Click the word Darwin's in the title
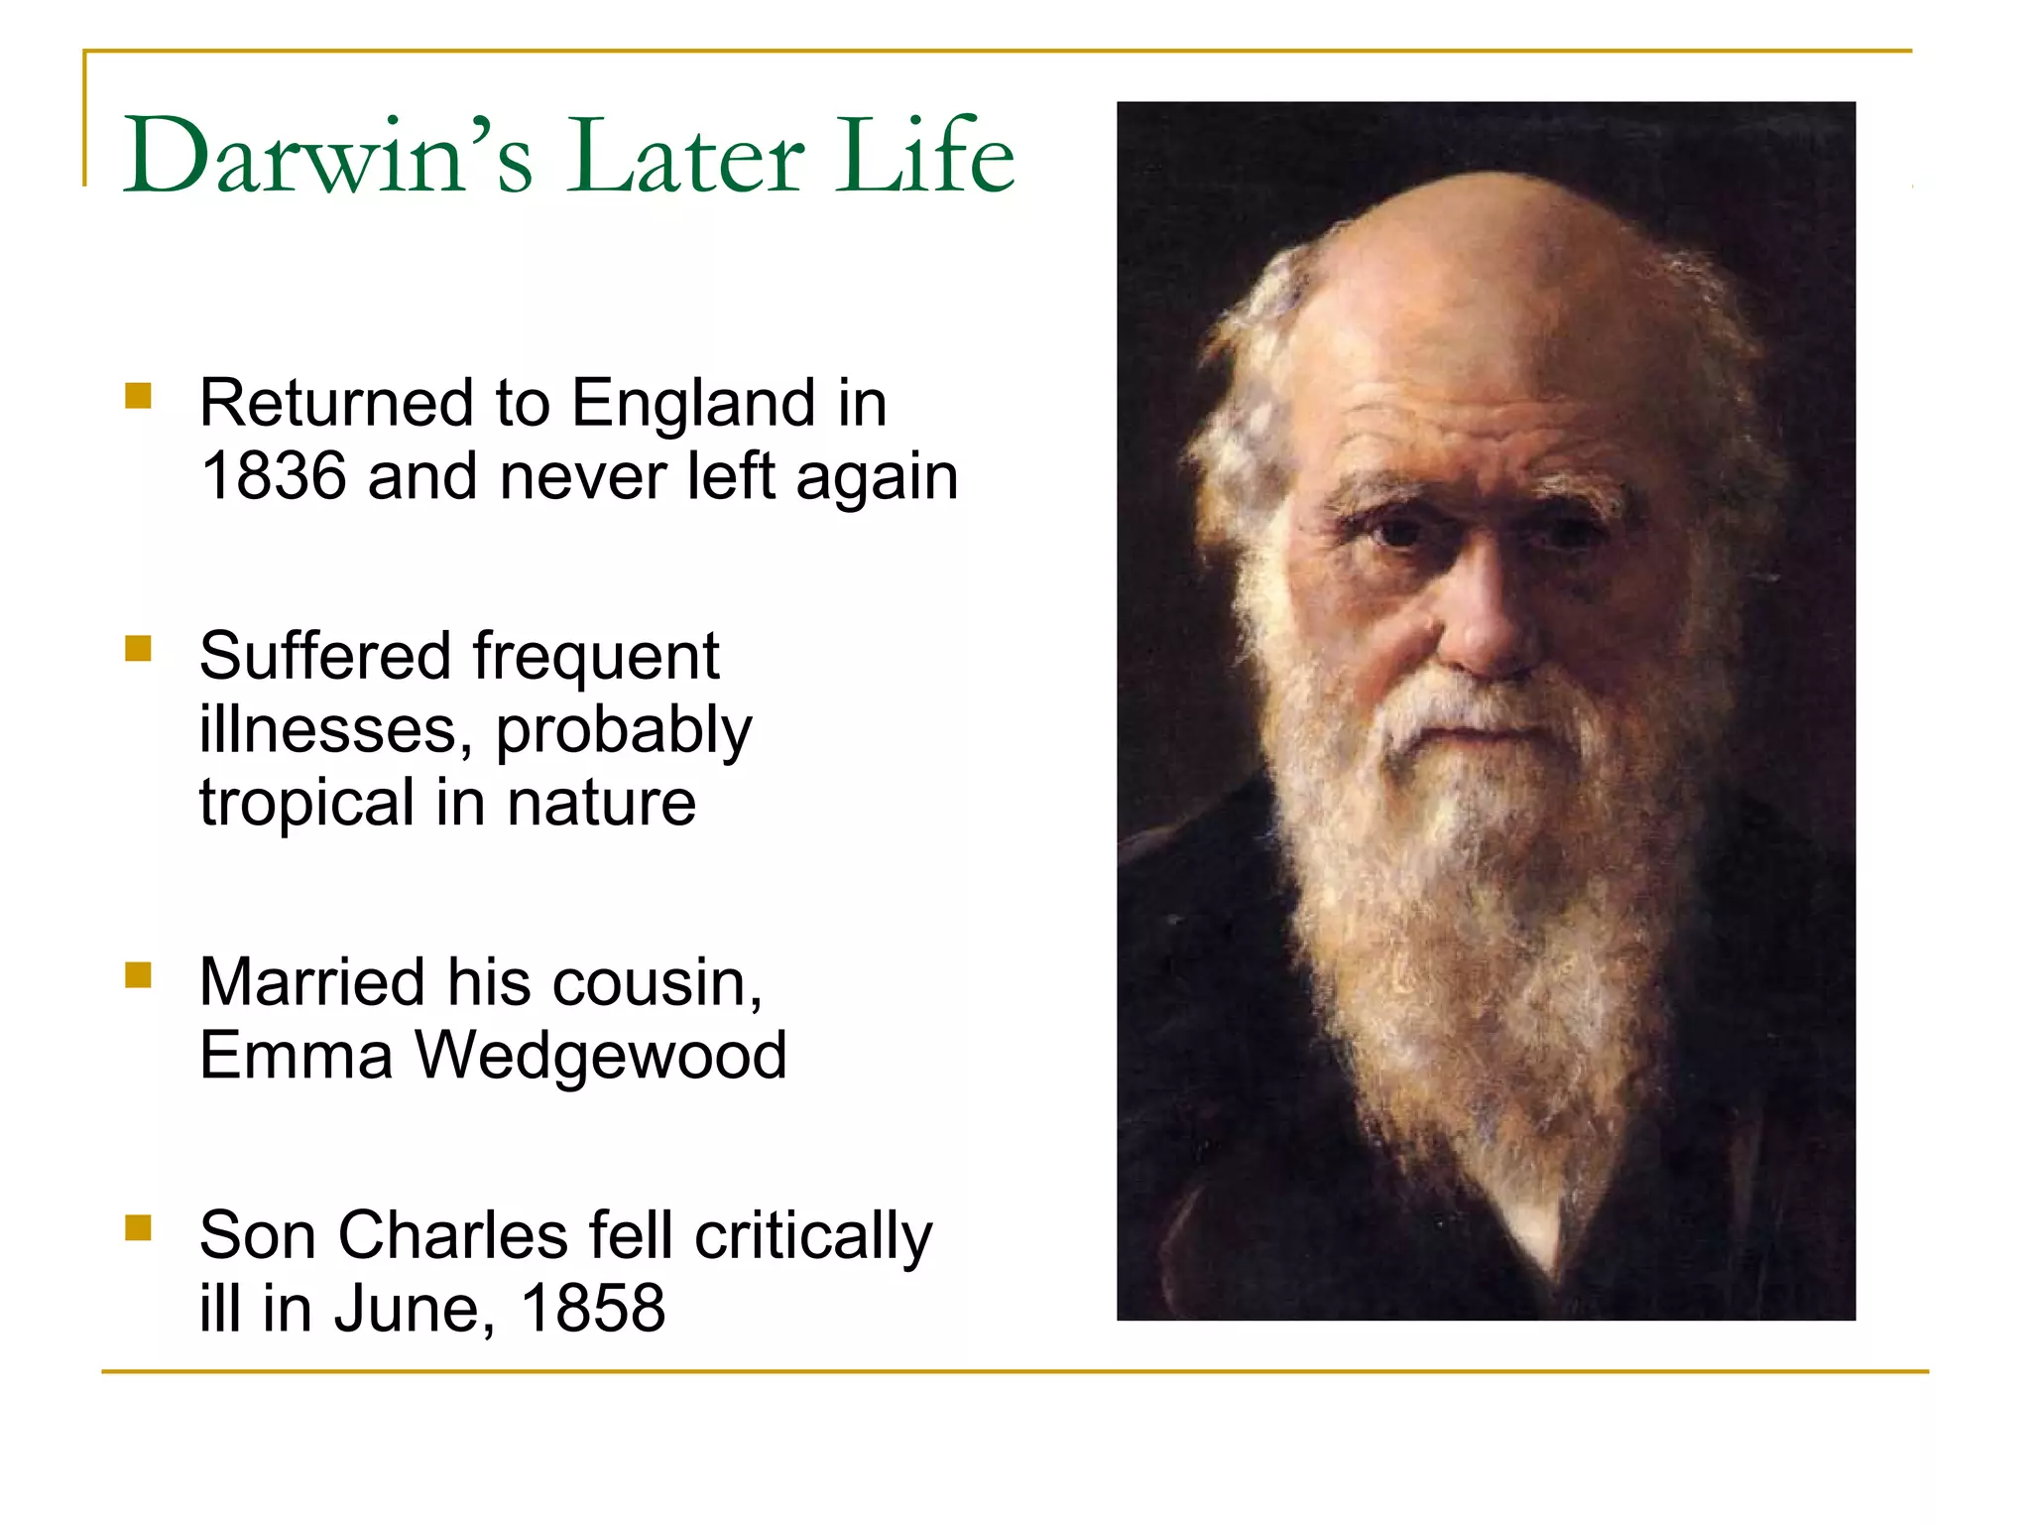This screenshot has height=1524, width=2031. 327,157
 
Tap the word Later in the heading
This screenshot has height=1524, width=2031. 684,157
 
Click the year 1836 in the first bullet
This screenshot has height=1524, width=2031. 274,476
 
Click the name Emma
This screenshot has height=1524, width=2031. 296,1055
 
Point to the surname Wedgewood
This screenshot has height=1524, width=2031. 600,1057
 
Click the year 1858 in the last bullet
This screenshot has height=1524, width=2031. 593,1308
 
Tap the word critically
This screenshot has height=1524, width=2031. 813,1237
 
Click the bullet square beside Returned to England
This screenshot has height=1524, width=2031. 138,396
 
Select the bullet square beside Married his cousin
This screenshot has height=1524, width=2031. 138,975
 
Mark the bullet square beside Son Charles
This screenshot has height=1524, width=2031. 138,1228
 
